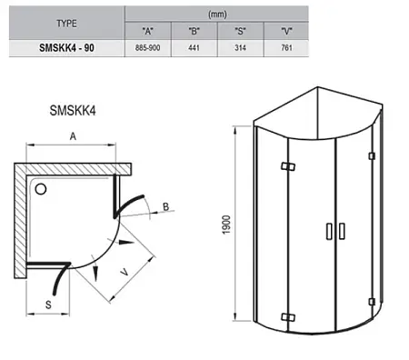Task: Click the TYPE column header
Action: (66, 24)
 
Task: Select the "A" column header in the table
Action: (147, 31)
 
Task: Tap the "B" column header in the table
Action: (194, 31)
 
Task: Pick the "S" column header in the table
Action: (240, 31)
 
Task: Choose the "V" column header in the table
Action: (286, 31)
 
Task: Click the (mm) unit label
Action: (217, 15)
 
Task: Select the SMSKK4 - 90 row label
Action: (66, 48)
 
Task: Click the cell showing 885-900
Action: (147, 48)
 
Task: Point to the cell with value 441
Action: (194, 48)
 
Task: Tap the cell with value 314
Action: (240, 48)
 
